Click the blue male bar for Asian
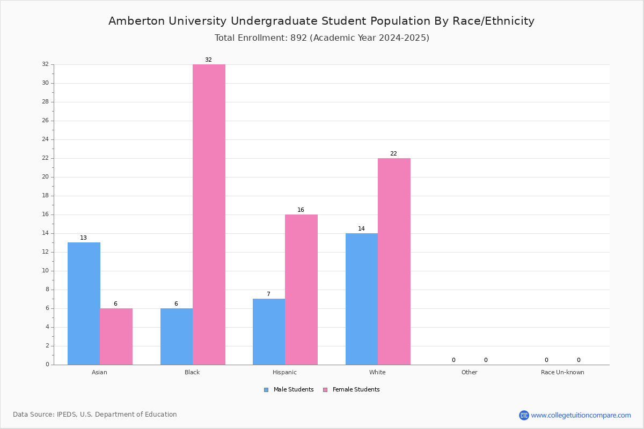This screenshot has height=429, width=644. point(84,304)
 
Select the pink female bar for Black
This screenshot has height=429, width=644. point(209,214)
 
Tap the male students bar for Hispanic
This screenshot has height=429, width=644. point(269,331)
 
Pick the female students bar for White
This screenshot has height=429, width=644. point(394,262)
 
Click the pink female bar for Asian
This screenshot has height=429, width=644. point(116,336)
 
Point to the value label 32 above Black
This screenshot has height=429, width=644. point(208,60)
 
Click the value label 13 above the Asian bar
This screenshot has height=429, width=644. point(83,238)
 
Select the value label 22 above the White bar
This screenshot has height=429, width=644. point(393,153)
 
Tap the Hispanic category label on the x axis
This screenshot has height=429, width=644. point(284,372)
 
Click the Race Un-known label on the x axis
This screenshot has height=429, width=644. point(562,372)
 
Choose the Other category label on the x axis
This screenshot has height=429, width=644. point(470,372)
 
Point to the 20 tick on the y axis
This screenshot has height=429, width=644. point(46,177)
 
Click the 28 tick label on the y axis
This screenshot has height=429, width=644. point(46,102)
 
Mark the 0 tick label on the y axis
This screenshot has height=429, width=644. point(47,364)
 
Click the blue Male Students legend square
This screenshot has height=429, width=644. point(266,390)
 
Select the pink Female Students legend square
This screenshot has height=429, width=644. point(325,390)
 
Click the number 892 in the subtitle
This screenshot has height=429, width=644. point(299,38)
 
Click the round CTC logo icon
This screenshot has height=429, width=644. point(524,415)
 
